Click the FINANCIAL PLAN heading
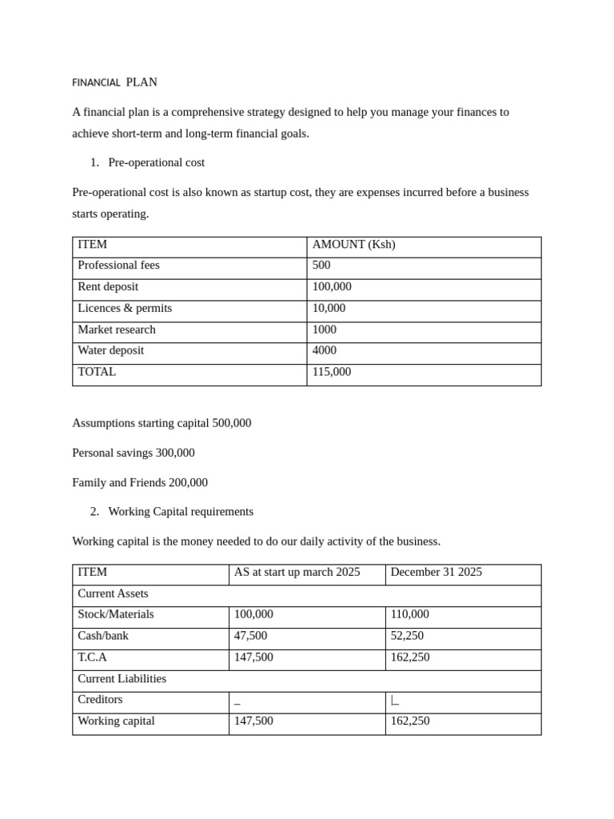tap(114, 82)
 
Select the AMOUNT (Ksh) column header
tap(353, 245)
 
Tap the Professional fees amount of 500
tap(321, 266)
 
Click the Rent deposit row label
tap(108, 287)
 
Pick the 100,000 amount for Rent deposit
tap(332, 287)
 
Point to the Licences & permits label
tap(125, 309)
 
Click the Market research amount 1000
tap(325, 330)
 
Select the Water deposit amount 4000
tap(325, 351)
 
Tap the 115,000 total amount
tap(332, 372)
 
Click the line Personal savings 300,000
tap(134, 453)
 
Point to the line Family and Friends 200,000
tap(140, 483)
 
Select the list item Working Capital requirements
tap(181, 512)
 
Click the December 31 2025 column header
tap(437, 573)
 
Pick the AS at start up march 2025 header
tap(297, 573)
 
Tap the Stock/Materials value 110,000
tap(410, 615)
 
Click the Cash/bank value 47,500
tap(251, 636)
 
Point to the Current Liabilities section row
tap(122, 679)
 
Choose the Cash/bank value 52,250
tap(408, 636)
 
